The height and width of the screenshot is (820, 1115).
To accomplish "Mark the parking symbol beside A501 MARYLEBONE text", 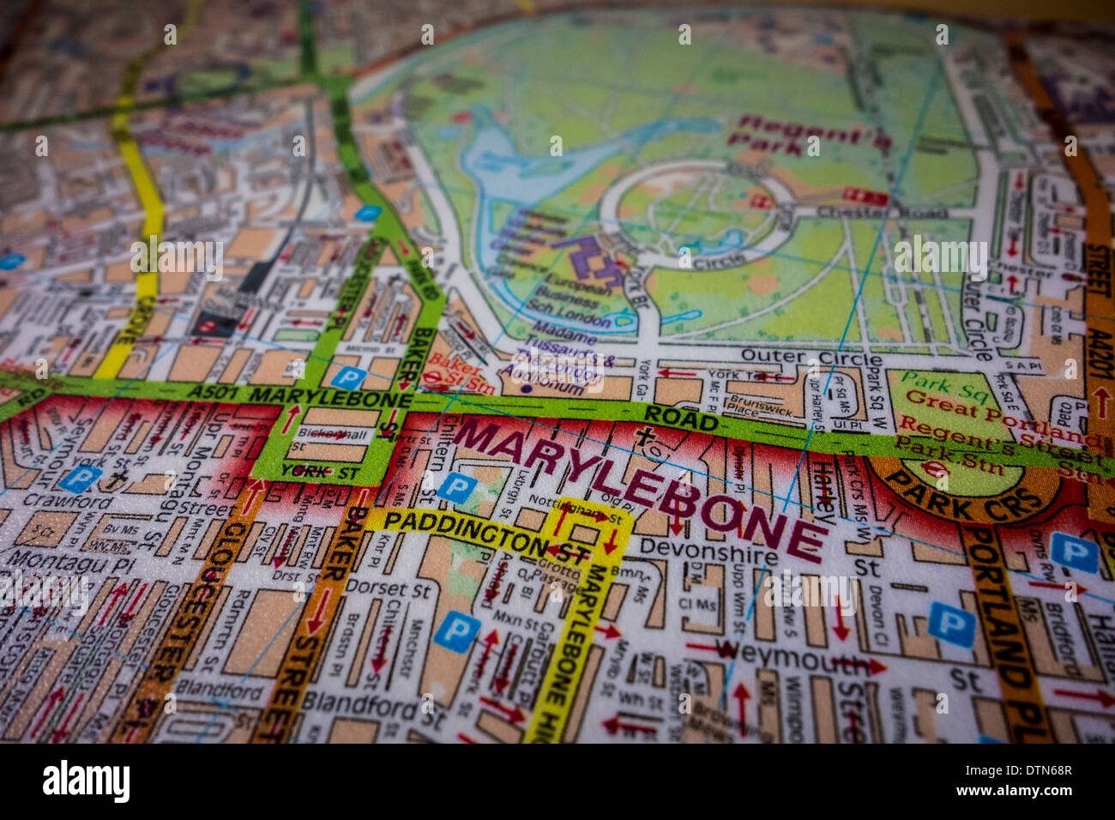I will pos(347,377).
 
